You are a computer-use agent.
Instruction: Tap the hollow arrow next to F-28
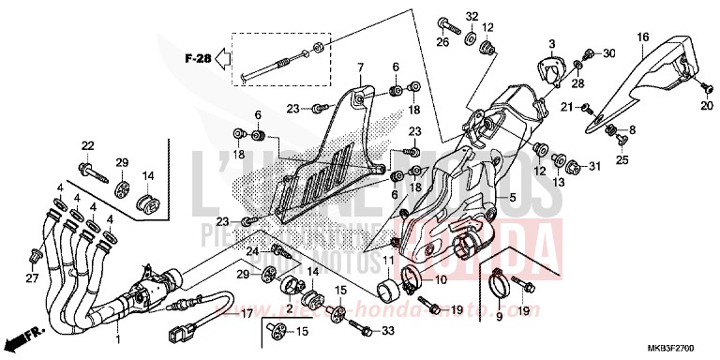coord(221,60)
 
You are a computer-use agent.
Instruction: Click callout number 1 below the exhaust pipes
coord(117,336)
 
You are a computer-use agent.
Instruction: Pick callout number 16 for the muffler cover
coord(643,37)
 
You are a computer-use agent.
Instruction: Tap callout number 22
coord(87,144)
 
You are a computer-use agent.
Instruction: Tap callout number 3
coord(552,43)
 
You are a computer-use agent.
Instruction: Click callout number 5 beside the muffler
coord(513,199)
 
